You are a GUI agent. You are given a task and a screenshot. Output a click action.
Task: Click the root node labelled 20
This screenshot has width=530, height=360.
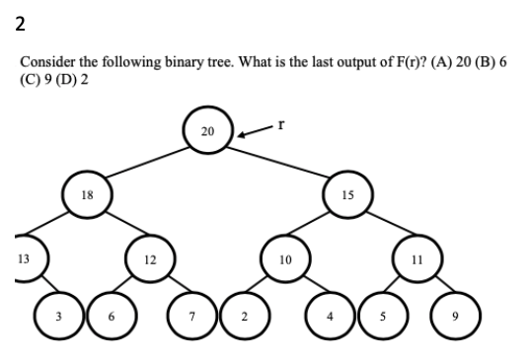coord(206,132)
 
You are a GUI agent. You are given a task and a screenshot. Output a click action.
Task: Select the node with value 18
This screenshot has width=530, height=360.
coord(87,194)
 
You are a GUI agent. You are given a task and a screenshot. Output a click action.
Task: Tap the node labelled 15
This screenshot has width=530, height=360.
coord(347,194)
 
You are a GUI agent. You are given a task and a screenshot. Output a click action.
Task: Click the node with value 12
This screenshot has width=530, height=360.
coord(149,259)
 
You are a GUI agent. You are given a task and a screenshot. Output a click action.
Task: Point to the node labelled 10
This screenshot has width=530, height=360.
coord(283,259)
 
